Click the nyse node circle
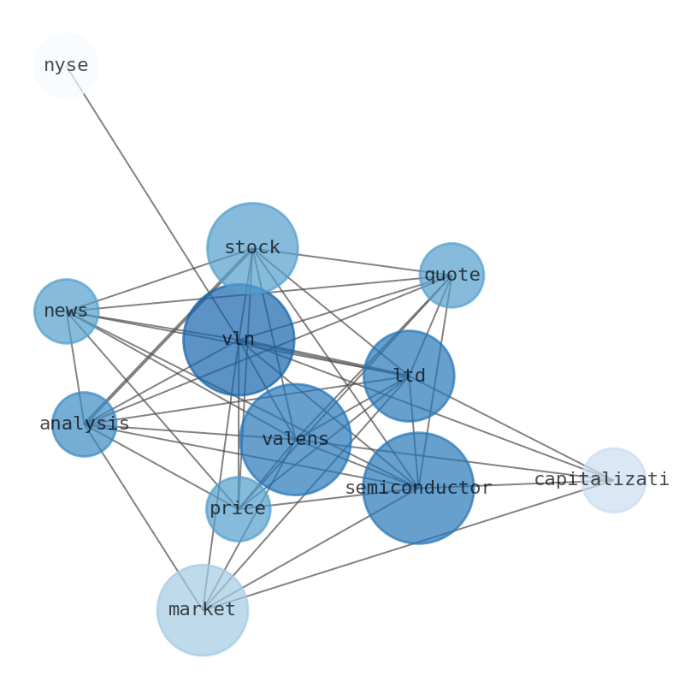click(66, 66)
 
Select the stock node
click(252, 248)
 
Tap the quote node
click(452, 276)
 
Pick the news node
click(66, 311)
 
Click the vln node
click(239, 340)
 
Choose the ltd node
click(409, 376)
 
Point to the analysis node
click(84, 424)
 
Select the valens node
click(295, 440)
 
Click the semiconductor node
click(418, 488)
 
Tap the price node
click(238, 509)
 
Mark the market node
click(203, 610)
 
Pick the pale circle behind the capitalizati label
click(614, 480)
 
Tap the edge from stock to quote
click(351, 262)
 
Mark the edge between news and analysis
click(74, 366)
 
